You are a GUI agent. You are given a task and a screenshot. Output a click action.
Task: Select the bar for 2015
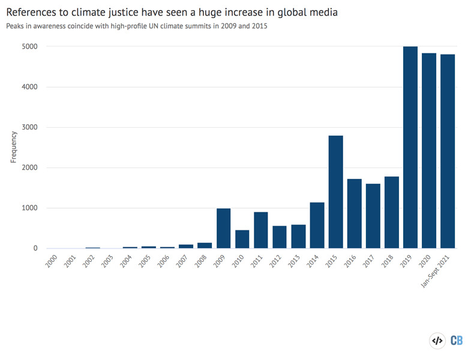pyautogui.click(x=336, y=192)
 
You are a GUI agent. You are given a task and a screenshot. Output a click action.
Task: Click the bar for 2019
pyautogui.click(x=410, y=148)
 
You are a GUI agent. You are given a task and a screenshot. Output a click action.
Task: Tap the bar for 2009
pyautogui.click(x=223, y=229)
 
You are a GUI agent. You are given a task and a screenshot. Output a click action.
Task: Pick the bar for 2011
pyautogui.click(x=261, y=230)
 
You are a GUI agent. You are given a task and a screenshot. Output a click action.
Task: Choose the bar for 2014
pyautogui.click(x=317, y=226)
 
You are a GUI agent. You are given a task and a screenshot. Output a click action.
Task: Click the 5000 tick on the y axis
pyautogui.click(x=31, y=47)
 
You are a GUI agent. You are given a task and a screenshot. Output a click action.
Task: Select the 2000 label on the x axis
pyautogui.click(x=52, y=262)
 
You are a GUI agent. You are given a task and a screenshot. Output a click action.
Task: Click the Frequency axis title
pyautogui.click(x=13, y=148)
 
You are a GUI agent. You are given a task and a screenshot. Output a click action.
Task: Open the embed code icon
pyautogui.click(x=437, y=341)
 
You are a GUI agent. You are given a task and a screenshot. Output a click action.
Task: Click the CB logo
pyautogui.click(x=456, y=341)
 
